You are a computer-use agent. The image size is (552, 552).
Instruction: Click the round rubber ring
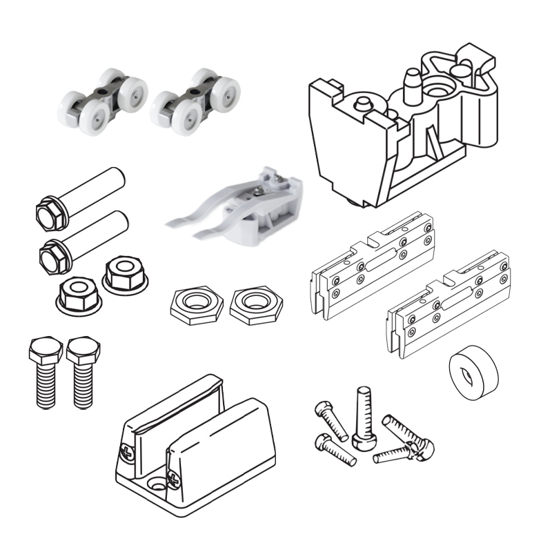click(473, 373)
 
